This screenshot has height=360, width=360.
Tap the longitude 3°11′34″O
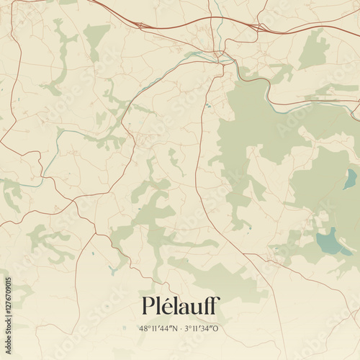[203, 329]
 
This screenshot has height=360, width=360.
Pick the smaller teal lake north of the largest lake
[351, 177]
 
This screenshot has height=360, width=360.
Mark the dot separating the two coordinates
[181, 329]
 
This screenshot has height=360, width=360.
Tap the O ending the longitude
[217, 329]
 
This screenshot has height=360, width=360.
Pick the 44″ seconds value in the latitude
[166, 329]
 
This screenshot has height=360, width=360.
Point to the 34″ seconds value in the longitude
[208, 329]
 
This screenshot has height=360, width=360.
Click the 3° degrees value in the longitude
[189, 329]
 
